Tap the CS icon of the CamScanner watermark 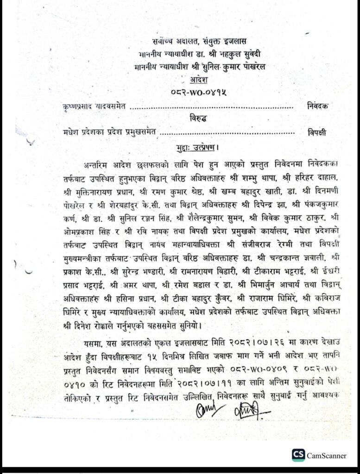pyautogui.click(x=298, y=455)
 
